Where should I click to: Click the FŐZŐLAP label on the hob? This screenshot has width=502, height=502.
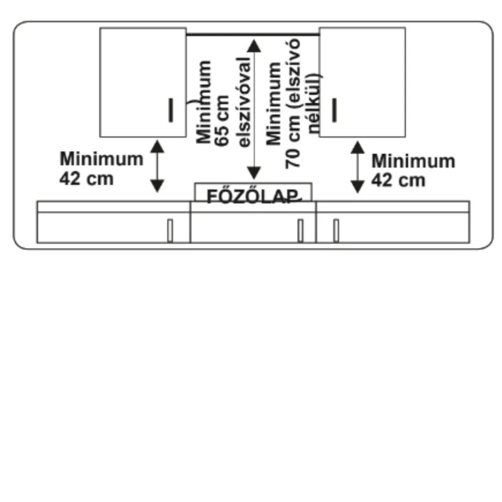click(x=253, y=196)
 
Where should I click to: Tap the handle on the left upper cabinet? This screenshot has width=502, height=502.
click(x=171, y=110)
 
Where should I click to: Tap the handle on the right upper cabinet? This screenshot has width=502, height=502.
click(x=334, y=110)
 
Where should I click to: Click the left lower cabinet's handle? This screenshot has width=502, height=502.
click(x=170, y=230)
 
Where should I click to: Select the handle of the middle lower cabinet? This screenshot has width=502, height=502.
click(x=300, y=230)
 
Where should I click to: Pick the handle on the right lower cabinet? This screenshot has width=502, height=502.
click(x=336, y=230)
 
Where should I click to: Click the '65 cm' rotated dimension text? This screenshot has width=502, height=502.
click(x=222, y=120)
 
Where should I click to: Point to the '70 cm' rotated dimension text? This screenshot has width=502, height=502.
click(x=293, y=146)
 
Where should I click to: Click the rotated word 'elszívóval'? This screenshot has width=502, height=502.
click(x=244, y=102)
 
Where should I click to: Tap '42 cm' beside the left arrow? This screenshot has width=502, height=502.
click(x=86, y=179)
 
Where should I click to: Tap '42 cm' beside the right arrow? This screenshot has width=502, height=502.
click(x=398, y=180)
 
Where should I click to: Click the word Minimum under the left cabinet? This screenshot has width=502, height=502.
click(x=101, y=159)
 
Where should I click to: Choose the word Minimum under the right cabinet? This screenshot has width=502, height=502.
click(x=413, y=161)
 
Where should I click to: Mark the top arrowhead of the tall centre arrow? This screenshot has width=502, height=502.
click(x=254, y=46)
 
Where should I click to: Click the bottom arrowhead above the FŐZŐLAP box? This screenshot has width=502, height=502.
click(x=254, y=173)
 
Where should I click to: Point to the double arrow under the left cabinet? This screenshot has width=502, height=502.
click(x=157, y=166)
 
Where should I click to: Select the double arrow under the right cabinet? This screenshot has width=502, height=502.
click(x=357, y=167)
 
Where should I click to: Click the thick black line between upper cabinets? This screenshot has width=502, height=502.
click(x=253, y=34)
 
